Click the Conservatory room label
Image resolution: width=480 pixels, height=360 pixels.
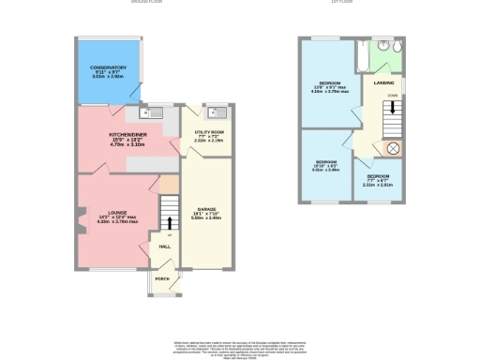click(x=109, y=68)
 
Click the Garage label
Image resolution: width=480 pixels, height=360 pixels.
click(x=206, y=208)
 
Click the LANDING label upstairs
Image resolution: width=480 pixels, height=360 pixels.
click(x=384, y=83)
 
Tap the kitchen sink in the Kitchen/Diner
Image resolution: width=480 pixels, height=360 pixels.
click(x=146, y=113)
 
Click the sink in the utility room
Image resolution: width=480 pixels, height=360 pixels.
click(x=216, y=112)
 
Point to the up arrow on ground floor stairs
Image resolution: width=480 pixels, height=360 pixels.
click(x=170, y=221)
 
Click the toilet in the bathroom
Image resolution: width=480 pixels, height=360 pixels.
click(x=399, y=47)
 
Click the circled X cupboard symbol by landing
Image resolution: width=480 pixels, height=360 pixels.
click(x=393, y=148)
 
